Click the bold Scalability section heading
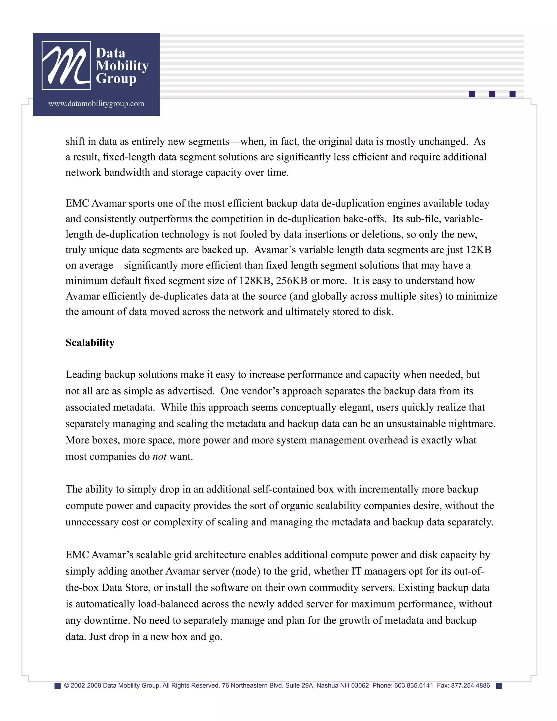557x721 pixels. coord(90,343)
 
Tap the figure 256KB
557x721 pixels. coord(292,281)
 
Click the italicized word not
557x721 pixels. coord(159,457)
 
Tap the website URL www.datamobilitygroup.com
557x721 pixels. coord(96,104)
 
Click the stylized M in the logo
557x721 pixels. coord(66,65)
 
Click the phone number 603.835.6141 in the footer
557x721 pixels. coord(413,686)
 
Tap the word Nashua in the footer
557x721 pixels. coord(327,686)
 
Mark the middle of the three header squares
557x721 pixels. coord(492,94)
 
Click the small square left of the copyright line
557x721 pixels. coord(57,686)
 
